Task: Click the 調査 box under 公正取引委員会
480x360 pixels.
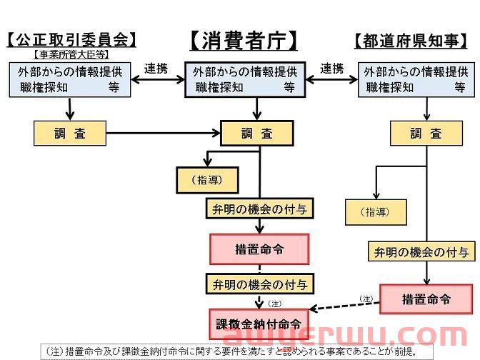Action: tap(69, 133)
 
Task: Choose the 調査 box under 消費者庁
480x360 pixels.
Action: tap(257, 133)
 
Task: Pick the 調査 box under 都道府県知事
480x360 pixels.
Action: tap(426, 134)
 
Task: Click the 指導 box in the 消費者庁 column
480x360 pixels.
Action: tap(207, 180)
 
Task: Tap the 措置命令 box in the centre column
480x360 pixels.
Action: tap(259, 249)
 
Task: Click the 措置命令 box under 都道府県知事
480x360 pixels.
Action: tap(426, 299)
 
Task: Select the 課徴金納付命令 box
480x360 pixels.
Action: tap(259, 324)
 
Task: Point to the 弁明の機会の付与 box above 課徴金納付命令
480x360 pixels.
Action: tap(259, 284)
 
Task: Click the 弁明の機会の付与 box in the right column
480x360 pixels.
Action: tap(421, 251)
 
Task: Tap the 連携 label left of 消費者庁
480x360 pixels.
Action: tap(156, 69)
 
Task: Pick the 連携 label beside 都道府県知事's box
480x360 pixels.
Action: tap(331, 69)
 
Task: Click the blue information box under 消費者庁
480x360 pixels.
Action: tap(245, 80)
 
